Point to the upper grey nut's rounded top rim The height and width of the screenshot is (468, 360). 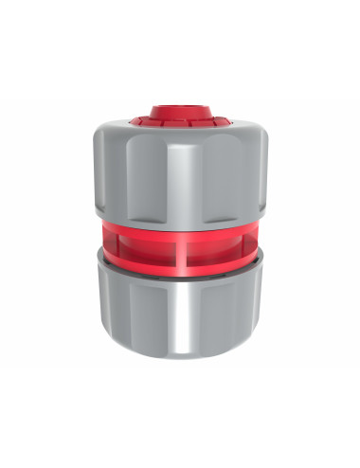(x=142, y=130)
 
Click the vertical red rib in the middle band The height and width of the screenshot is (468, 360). (x=178, y=251)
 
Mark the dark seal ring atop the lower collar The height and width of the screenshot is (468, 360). (x=180, y=280)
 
